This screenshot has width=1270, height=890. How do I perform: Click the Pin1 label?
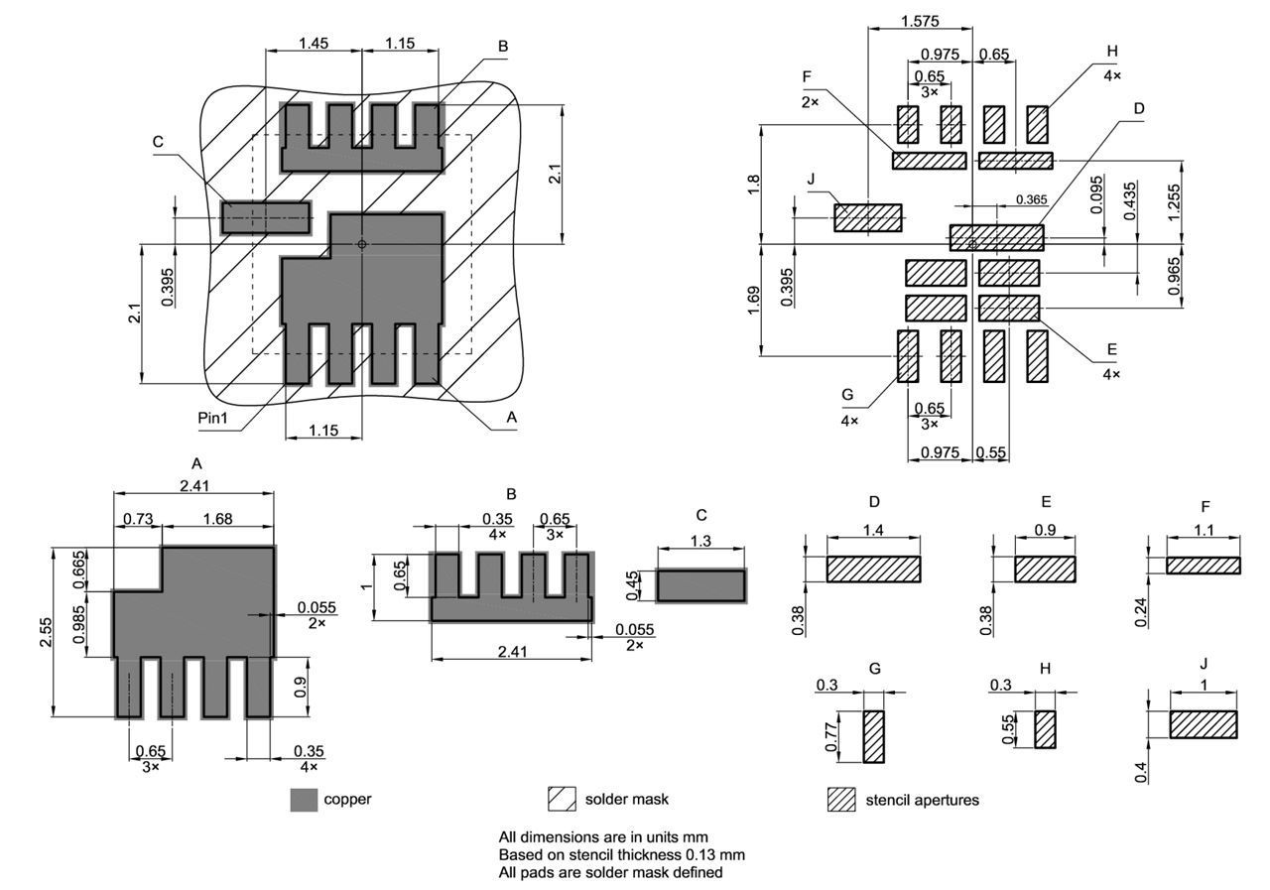tap(212, 418)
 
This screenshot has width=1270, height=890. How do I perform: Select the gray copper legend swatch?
tap(304, 799)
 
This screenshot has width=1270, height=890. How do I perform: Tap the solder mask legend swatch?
tap(563, 799)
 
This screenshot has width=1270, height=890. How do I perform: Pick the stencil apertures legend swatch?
tap(841, 799)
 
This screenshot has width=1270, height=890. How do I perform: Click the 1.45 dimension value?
tap(313, 44)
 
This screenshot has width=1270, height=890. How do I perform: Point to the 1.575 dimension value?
tap(920, 21)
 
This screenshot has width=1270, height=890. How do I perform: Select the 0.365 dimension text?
tap(1031, 199)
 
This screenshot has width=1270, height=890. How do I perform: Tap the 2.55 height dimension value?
tap(46, 632)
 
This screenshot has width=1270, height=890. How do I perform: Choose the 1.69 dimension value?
tap(751, 300)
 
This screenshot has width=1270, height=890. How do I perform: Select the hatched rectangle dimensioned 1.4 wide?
tap(873, 570)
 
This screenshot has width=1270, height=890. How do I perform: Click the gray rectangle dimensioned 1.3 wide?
tap(700, 585)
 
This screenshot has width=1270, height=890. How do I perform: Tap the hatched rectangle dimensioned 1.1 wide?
tap(1203, 565)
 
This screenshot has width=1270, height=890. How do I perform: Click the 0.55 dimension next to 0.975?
tap(990, 451)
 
